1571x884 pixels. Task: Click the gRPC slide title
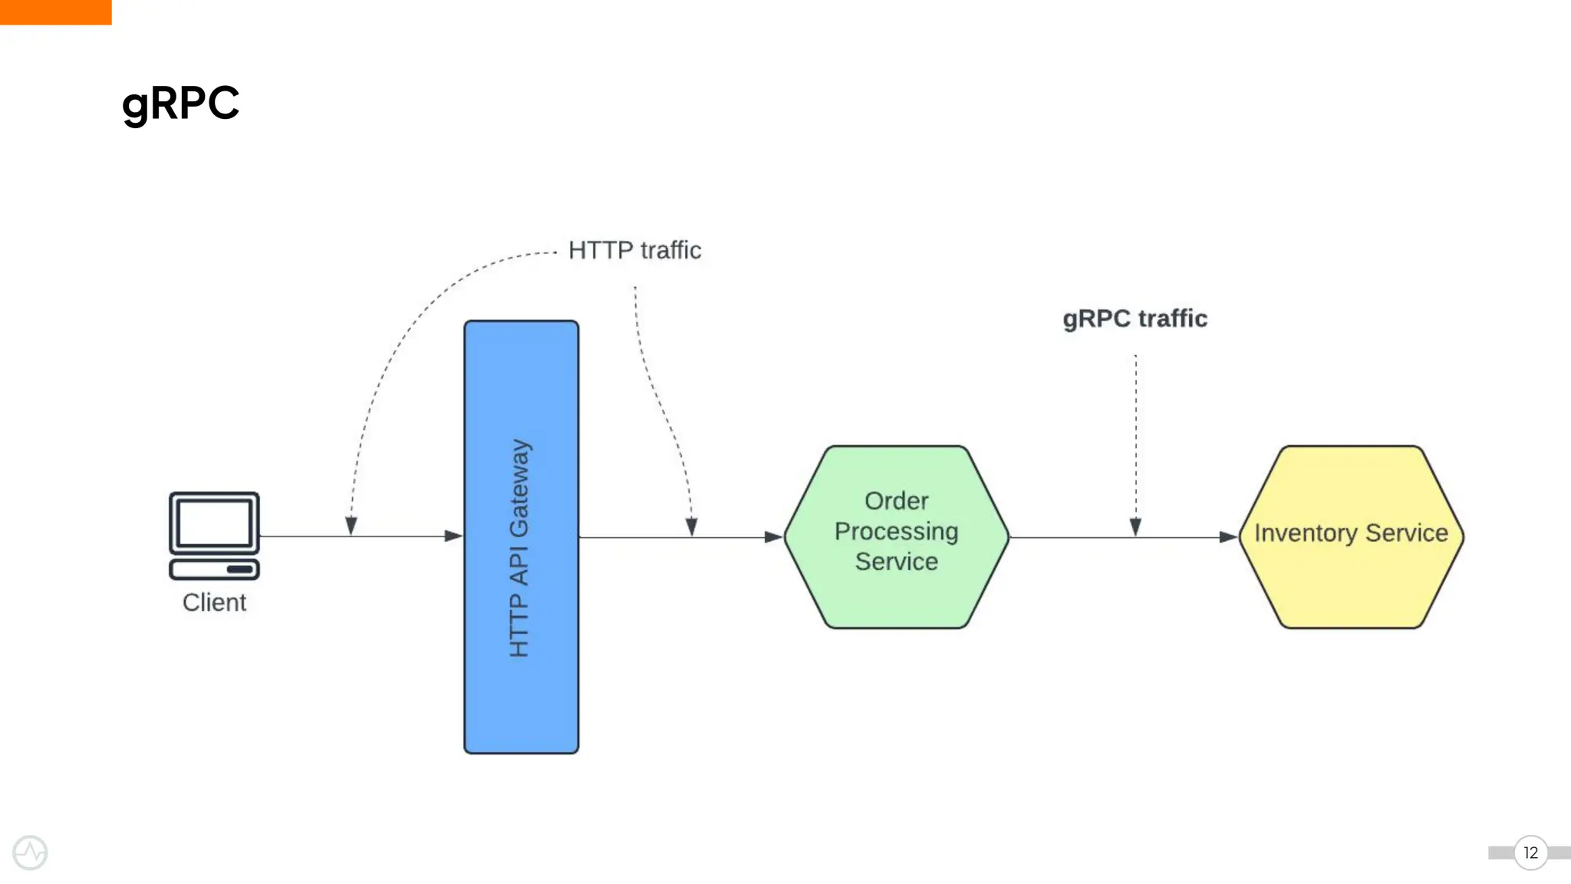pyautogui.click(x=180, y=103)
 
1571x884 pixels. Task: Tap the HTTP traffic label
pyautogui.click(x=634, y=250)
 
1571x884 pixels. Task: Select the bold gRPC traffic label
pyautogui.click(x=1135, y=318)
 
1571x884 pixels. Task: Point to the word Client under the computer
pyautogui.click(x=214, y=602)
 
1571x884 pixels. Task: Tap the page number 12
pyautogui.click(x=1530, y=853)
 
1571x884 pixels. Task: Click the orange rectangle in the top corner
pyautogui.click(x=55, y=12)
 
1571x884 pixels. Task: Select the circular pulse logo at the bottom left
pyautogui.click(x=30, y=853)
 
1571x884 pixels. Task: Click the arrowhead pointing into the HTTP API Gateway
pyautogui.click(x=453, y=536)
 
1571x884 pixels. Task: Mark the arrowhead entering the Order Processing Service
pyautogui.click(x=773, y=537)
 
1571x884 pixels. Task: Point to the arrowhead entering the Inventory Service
pyautogui.click(x=1227, y=537)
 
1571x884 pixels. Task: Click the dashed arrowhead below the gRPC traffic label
pyautogui.click(x=1135, y=526)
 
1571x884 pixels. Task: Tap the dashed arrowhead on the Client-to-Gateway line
pyautogui.click(x=351, y=526)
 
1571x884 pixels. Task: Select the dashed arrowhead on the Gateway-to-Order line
pyautogui.click(x=691, y=526)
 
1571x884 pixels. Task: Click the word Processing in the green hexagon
pyautogui.click(x=896, y=531)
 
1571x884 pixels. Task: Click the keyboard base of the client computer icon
pyautogui.click(x=214, y=569)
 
